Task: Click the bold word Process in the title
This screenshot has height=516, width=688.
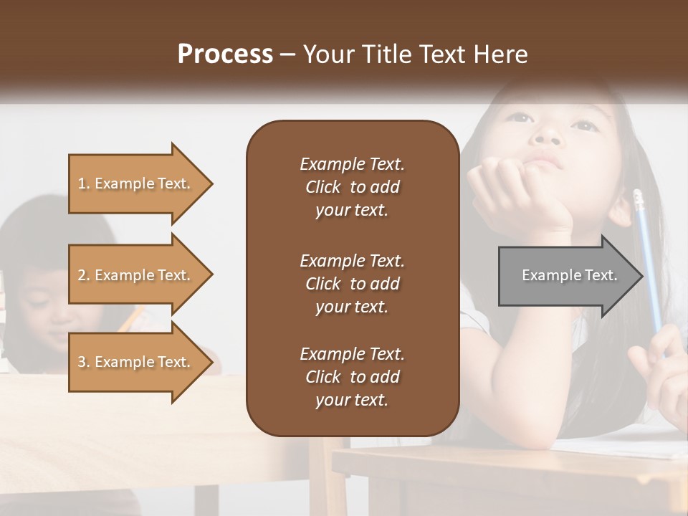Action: tap(225, 54)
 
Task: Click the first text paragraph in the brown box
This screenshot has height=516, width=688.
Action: tap(352, 187)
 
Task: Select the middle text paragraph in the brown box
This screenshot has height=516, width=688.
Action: tap(352, 283)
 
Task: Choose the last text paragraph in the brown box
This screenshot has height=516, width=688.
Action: tap(352, 377)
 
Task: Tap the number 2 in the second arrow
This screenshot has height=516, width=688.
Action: tap(82, 275)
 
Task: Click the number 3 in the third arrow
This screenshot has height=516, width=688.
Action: tap(82, 362)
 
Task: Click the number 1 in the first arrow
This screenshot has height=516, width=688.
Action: tap(82, 183)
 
